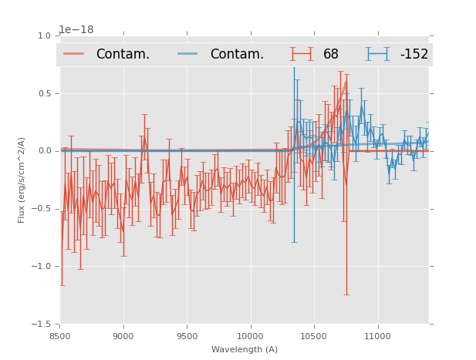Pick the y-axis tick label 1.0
pos(44,36)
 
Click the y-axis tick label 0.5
pos(44,94)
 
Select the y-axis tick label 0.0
pos(44,151)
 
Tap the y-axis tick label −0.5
pos(42,209)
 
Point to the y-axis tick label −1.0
pos(42,267)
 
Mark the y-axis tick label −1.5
pos(42,325)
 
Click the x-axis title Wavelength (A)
pos(245,350)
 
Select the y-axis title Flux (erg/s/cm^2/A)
pos(22,180)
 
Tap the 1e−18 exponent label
pos(76,30)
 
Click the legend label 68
pos(331,54)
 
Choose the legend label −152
pos(414,54)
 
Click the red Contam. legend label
pos(123,54)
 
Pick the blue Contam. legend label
pos(237,54)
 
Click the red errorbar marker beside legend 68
pos(302,54)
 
